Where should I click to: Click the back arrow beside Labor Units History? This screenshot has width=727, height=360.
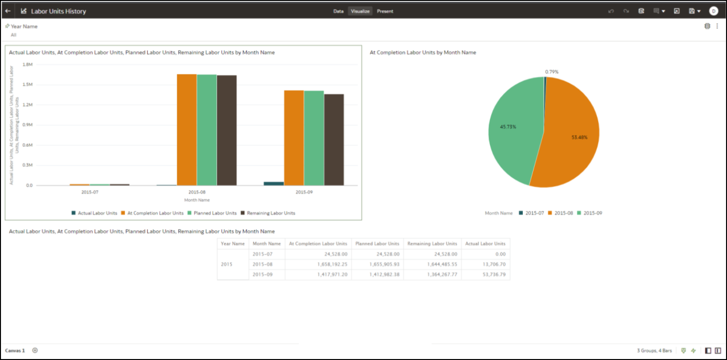8,11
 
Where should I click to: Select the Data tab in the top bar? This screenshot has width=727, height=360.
338,11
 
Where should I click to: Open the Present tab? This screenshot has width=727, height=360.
385,11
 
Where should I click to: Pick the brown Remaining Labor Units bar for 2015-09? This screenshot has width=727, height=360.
334,139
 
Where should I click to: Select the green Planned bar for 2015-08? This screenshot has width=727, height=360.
207,130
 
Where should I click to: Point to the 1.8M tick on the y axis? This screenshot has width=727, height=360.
28,64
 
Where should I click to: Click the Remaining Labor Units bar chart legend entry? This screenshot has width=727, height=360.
271,213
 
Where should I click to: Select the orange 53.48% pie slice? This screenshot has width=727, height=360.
572,140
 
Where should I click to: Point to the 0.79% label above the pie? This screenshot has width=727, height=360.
552,72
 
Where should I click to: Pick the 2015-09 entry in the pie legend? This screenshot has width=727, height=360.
593,213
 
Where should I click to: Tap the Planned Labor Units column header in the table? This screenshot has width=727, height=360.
377,244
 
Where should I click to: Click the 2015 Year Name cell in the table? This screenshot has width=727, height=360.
226,264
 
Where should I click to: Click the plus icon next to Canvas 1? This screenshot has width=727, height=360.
35,350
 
